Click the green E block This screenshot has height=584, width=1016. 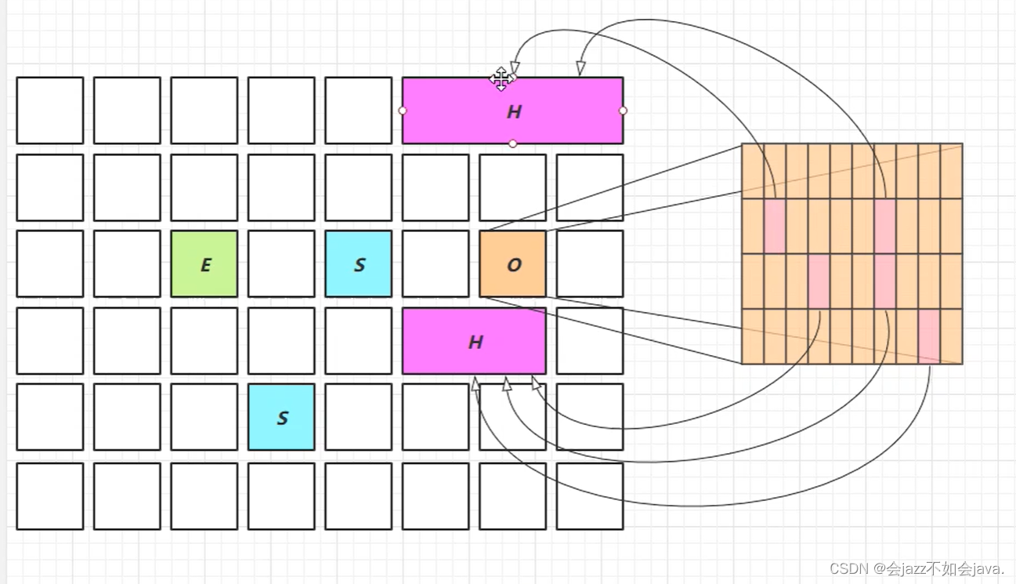tap(204, 264)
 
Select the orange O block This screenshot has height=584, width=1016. tap(512, 264)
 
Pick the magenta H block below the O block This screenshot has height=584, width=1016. tap(474, 341)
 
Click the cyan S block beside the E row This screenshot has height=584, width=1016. tap(359, 264)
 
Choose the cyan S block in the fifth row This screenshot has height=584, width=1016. tap(281, 417)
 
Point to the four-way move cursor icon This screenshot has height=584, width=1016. tap(501, 78)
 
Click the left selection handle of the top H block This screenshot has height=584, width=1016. tap(403, 111)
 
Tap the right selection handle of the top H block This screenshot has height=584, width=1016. tap(623, 111)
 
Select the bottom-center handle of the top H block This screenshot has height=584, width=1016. tap(512, 143)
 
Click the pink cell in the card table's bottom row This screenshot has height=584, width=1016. tap(929, 336)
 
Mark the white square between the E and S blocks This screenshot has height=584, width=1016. tap(281, 264)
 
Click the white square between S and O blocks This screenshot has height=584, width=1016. tap(436, 264)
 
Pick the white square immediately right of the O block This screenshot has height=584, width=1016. tap(590, 264)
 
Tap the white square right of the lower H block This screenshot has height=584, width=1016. tap(590, 341)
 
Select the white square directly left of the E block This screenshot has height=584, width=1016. tap(127, 264)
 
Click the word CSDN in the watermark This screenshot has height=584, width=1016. tap(845, 568)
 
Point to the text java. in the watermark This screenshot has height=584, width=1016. tap(987, 568)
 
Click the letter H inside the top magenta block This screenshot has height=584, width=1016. tap(514, 111)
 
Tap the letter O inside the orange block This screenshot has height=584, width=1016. tap(514, 265)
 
